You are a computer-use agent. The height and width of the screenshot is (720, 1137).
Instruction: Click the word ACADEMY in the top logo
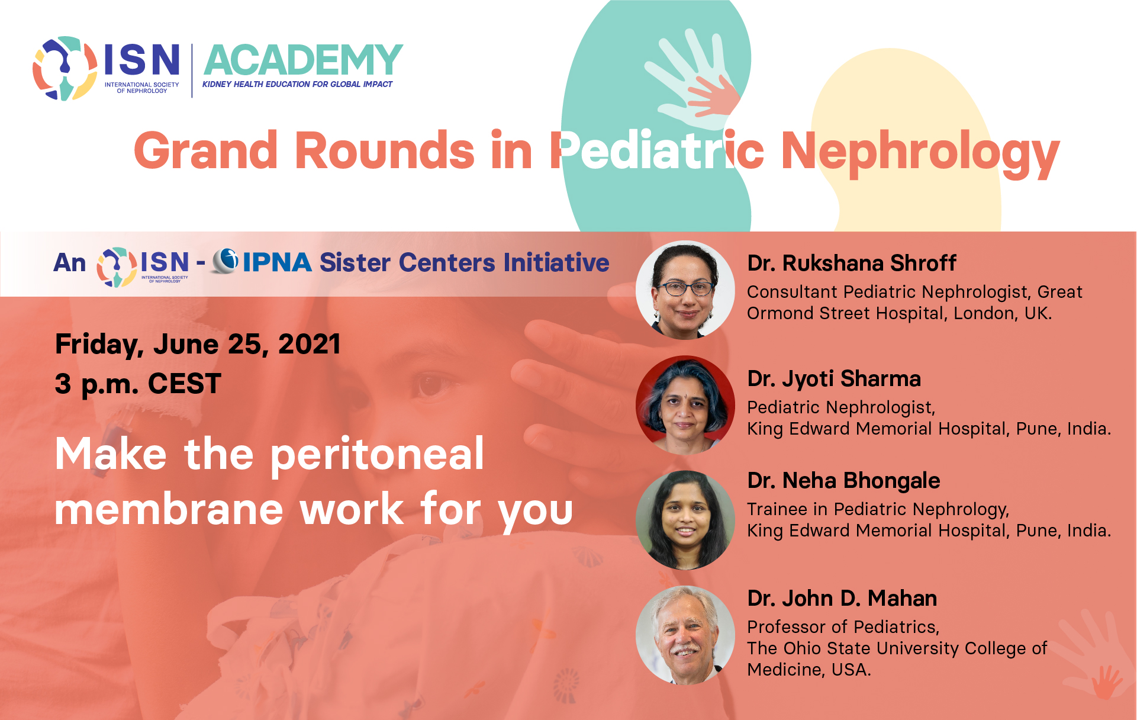pyautogui.click(x=303, y=60)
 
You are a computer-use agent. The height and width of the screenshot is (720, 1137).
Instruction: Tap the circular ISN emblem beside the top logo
pyautogui.click(x=65, y=68)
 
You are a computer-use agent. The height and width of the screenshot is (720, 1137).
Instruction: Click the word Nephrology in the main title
pyautogui.click(x=920, y=153)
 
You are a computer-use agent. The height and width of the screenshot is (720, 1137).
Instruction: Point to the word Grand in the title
pyautogui.click(x=206, y=152)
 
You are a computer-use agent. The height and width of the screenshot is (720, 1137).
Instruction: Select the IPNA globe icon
pyautogui.click(x=225, y=261)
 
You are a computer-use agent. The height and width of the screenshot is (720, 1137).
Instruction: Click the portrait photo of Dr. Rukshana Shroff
pyautogui.click(x=685, y=290)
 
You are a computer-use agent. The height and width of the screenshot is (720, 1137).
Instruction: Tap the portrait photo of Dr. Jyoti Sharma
pyautogui.click(x=685, y=405)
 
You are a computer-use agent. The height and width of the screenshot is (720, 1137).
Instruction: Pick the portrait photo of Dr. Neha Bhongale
pyautogui.click(x=685, y=520)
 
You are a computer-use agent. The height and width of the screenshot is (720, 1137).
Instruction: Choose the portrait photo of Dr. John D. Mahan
pyautogui.click(x=685, y=635)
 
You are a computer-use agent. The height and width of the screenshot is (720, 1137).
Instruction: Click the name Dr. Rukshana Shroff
pyautogui.click(x=852, y=263)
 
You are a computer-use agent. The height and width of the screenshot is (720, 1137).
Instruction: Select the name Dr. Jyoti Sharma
pyautogui.click(x=834, y=379)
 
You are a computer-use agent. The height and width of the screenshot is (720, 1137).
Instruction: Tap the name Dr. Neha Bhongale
pyautogui.click(x=843, y=481)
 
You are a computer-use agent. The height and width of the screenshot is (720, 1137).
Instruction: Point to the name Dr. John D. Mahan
pyautogui.click(x=842, y=599)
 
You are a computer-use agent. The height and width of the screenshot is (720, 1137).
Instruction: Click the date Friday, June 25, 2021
pyautogui.click(x=198, y=345)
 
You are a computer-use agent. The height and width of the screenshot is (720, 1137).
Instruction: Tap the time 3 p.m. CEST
pyautogui.click(x=138, y=384)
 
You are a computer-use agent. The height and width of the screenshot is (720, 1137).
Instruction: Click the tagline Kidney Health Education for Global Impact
pyautogui.click(x=297, y=84)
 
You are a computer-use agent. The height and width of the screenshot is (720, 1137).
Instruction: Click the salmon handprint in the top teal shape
pyautogui.click(x=713, y=95)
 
